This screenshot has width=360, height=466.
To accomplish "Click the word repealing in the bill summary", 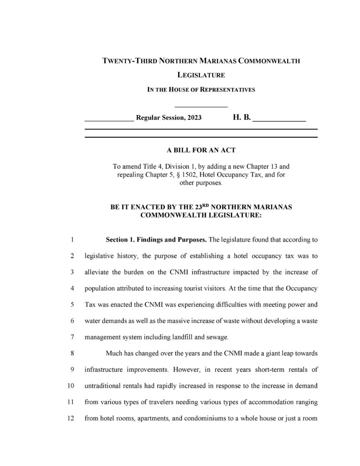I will (131, 175).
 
